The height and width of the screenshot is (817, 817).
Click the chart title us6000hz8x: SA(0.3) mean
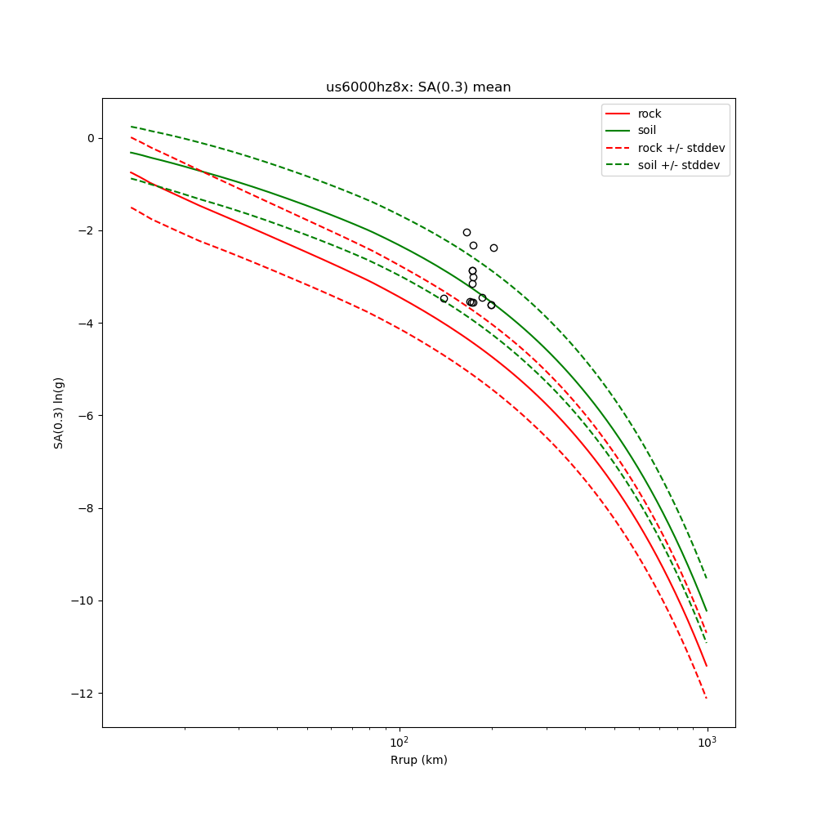(418, 87)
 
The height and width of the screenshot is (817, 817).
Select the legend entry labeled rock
(650, 114)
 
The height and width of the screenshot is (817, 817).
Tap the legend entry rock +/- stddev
(681, 148)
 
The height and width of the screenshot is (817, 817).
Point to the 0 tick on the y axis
(91, 138)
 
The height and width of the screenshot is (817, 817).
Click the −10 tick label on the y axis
(84, 600)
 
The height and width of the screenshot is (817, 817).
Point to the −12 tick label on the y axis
(84, 694)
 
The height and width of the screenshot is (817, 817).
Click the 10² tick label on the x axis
(399, 742)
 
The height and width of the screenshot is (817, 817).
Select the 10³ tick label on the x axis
(707, 742)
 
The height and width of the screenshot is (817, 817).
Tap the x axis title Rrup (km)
(418, 761)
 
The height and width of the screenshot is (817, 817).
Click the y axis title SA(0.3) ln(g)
(59, 413)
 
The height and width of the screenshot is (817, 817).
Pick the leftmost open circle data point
(444, 299)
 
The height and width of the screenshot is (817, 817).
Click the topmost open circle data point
(467, 232)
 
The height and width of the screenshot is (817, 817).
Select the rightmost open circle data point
(493, 248)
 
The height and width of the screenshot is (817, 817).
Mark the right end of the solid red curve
(707, 666)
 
